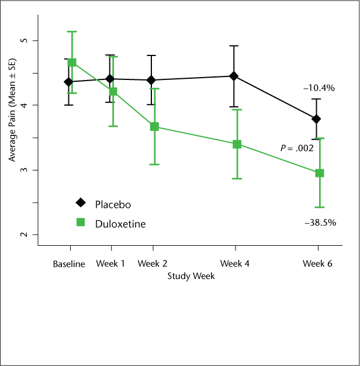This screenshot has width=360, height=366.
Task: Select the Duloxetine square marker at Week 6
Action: [320, 173]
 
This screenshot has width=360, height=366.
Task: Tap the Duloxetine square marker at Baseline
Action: [72, 62]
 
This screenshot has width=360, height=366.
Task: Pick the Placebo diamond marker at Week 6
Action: [317, 119]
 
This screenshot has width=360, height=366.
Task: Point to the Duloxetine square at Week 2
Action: [154, 127]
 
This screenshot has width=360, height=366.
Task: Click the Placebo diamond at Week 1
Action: [110, 79]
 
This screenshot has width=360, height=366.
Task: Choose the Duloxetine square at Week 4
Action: [237, 144]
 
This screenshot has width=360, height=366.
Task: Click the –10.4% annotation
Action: [319, 88]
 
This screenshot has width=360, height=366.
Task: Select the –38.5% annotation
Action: [320, 222]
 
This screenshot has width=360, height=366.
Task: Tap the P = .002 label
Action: [296, 148]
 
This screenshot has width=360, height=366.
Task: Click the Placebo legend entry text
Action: [113, 204]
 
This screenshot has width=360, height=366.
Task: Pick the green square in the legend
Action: [81, 222]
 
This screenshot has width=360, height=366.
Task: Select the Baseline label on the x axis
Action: [69, 264]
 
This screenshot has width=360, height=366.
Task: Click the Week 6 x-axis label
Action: [317, 264]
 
